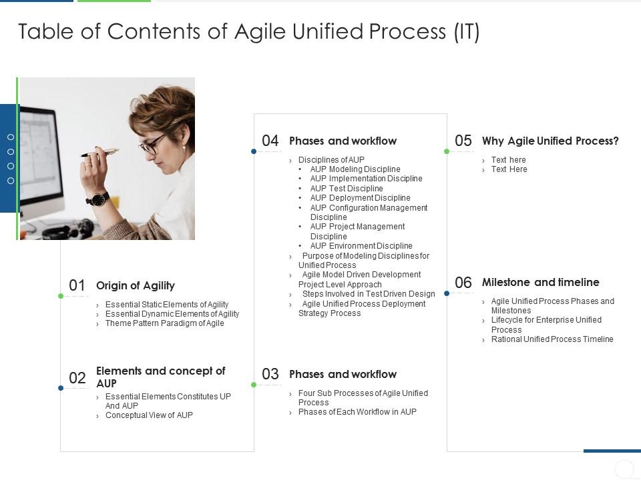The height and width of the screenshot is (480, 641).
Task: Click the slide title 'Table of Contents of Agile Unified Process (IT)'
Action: [248, 32]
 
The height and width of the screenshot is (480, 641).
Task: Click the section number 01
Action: [77, 286]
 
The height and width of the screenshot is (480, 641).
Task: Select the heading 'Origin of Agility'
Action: [136, 286]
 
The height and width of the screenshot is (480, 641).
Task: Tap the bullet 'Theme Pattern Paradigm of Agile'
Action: [164, 323]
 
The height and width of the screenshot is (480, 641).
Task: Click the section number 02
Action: [77, 378]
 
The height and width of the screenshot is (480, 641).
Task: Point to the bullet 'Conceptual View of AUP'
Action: [149, 415]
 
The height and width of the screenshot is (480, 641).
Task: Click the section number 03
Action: [270, 375]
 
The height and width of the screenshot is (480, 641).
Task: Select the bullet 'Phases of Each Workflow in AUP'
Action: [357, 412]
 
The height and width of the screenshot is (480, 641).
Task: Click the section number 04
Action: [270, 141]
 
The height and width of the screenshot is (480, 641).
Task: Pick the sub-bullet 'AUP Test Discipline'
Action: [347, 189]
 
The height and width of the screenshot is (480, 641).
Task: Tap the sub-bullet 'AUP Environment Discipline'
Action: [361, 246]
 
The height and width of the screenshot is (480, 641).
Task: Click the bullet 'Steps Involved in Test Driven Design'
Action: [369, 294]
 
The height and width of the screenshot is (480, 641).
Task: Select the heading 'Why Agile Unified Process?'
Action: [550, 141]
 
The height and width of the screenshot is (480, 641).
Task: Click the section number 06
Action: [463, 283]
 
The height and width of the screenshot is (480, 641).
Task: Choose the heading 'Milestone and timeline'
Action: [541, 283]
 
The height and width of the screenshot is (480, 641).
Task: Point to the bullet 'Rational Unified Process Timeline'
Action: [552, 339]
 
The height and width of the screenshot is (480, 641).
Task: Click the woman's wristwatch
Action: [97, 198]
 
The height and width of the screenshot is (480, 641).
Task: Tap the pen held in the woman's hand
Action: [100, 153]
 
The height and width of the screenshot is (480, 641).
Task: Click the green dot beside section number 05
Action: [447, 151]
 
